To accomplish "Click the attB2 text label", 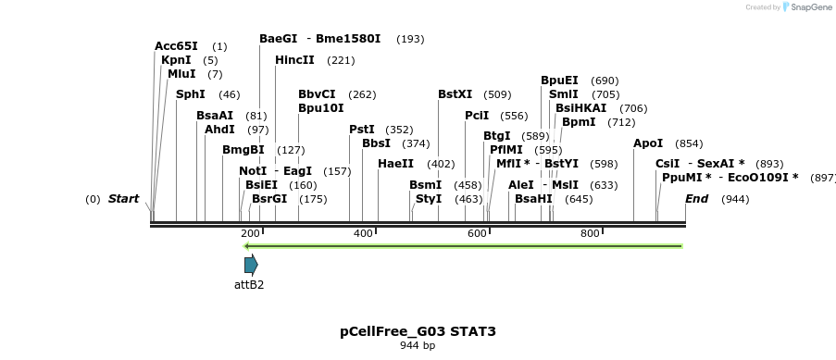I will pos(249,285).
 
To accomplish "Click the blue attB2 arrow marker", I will pos(251,265).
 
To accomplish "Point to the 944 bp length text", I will pos(418,346).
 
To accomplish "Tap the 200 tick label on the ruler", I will pos(250,234).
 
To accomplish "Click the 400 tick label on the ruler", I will pos(363,234).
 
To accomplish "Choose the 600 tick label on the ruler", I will pos(477,234).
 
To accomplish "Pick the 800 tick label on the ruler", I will pos(590,234).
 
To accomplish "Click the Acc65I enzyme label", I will pos(176,46).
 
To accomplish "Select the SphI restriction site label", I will pos(191,94).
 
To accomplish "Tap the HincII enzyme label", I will pos(294,60).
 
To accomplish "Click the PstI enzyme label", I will pos(362,130).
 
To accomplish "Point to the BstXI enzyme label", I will pos(455,94).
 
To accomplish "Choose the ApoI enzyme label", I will pos(648,143).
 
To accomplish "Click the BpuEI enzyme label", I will pos(559,81).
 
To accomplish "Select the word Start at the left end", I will pos(123,199).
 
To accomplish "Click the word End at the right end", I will pos(696,199).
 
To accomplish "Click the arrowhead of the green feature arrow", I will pos(247,246).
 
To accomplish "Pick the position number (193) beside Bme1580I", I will pos(410,39).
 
